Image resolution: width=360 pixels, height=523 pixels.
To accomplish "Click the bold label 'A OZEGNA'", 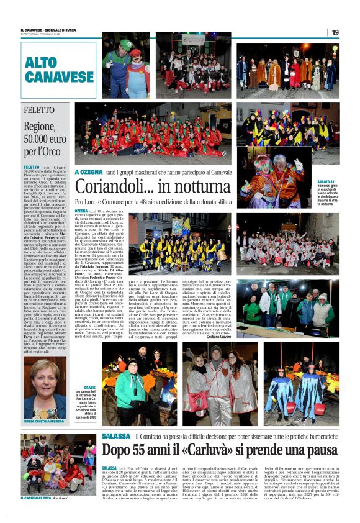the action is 88,171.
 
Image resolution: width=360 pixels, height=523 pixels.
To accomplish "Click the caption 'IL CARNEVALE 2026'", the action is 37,497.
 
